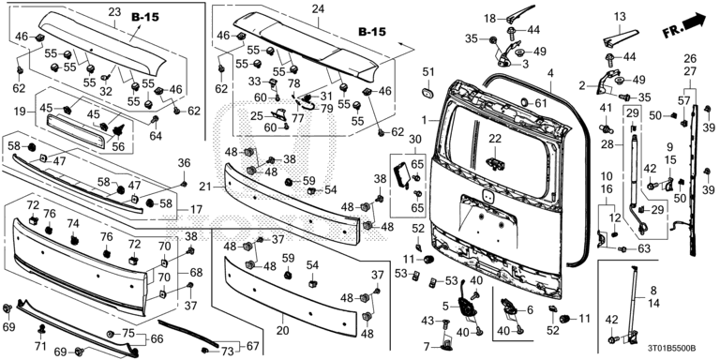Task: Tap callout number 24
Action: pyautogui.click(x=317, y=8)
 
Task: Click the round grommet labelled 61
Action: pyautogui.click(x=523, y=102)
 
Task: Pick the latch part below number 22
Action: pyautogui.click(x=494, y=162)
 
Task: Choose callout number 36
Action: pyautogui.click(x=184, y=163)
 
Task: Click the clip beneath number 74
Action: pyautogui.click(x=74, y=239)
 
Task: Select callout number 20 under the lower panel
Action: pyautogui.click(x=282, y=331)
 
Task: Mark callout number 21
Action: pyautogui.click(x=205, y=187)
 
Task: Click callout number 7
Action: pyautogui.click(x=427, y=345)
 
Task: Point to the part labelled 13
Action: pyautogui.click(x=621, y=37)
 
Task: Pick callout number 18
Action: pyautogui.click(x=490, y=19)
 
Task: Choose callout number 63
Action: pyautogui.click(x=644, y=248)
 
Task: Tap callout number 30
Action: pyautogui.click(x=414, y=139)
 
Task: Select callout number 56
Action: pyautogui.click(x=118, y=146)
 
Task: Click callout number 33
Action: pyautogui.click(x=254, y=82)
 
